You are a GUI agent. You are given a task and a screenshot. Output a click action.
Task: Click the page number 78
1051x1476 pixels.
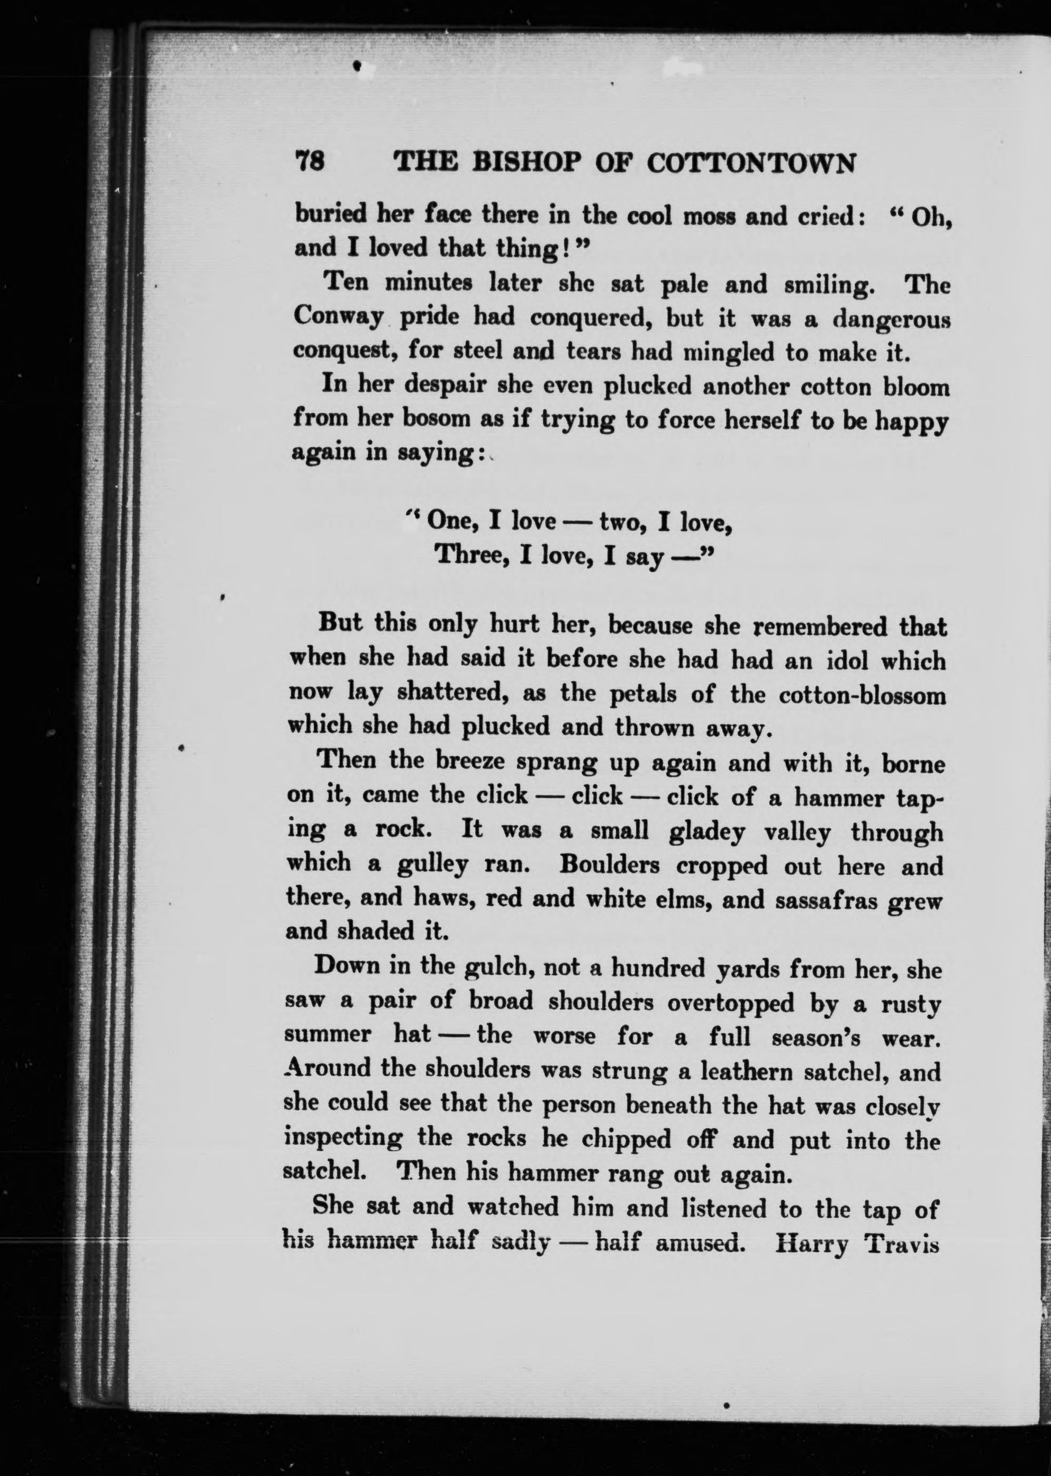pos(310,161)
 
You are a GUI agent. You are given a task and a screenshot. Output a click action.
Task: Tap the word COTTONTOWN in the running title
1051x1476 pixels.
pos(751,164)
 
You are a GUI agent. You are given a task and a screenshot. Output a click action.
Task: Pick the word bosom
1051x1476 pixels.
pos(438,419)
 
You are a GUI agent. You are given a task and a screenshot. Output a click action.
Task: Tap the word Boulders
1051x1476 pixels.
pos(609,865)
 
